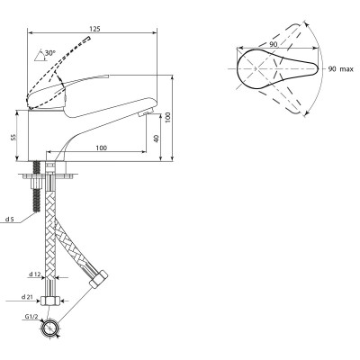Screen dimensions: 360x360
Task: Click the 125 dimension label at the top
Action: click(x=95, y=29)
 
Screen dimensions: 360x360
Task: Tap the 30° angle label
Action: click(x=50, y=53)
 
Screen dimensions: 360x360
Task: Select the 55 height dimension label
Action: click(x=13, y=137)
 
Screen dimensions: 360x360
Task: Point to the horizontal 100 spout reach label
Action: click(x=102, y=148)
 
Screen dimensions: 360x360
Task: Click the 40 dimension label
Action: click(x=156, y=139)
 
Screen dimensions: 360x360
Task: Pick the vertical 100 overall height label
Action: click(x=168, y=117)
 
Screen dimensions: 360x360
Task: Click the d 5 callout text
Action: click(x=9, y=220)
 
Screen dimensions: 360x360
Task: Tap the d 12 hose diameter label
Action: click(x=34, y=274)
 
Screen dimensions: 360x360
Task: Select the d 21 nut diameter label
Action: click(x=27, y=297)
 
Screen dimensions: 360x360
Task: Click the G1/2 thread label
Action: click(x=31, y=316)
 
